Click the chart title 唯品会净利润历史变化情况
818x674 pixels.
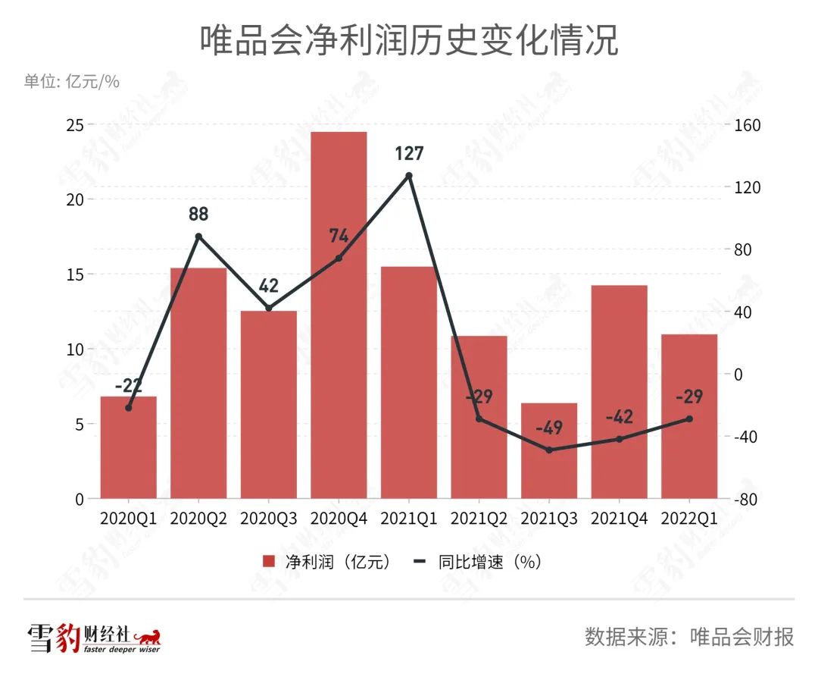coord(409,41)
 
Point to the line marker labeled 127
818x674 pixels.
coord(409,175)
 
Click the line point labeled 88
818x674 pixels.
coord(198,236)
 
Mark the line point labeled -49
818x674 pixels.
coord(549,450)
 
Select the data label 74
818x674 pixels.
coord(339,236)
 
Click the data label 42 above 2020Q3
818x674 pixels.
coord(269,287)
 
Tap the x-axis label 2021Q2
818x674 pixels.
coord(479,519)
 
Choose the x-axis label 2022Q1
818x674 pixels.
coord(689,519)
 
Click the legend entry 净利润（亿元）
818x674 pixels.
coord(327,562)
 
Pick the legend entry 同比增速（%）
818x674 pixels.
coord(477,562)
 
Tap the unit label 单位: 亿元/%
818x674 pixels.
coord(72,82)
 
